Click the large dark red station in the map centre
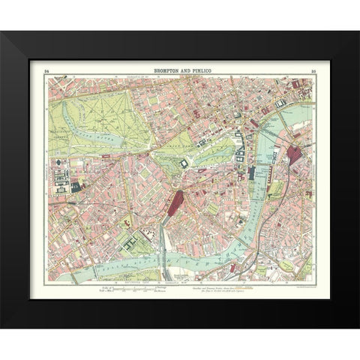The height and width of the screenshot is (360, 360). (x=178, y=202)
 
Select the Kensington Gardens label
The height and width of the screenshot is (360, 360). (x=59, y=127)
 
